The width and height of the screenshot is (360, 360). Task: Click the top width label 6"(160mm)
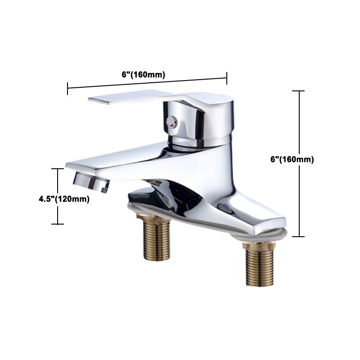pos(143,75)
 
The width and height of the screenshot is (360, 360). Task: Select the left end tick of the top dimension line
pos(67,89)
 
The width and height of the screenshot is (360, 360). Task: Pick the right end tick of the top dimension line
pos(227,78)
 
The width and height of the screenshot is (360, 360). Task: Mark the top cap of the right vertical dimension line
pos(299,91)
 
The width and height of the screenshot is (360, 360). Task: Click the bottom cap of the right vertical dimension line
pos(299,236)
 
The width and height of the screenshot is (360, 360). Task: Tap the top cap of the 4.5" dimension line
pos(57,169)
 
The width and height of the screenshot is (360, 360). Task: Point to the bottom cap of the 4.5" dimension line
pos(57,224)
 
